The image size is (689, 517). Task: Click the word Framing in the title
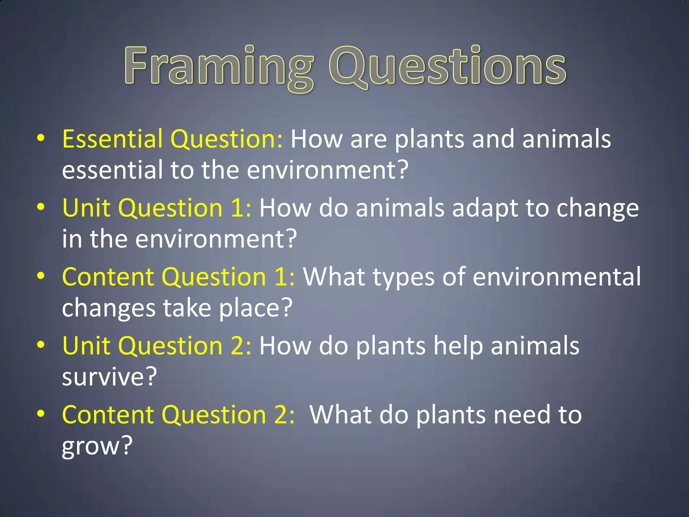click(x=219, y=67)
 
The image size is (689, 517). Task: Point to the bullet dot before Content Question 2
click(x=41, y=414)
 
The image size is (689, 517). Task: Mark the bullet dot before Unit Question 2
click(x=41, y=345)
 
